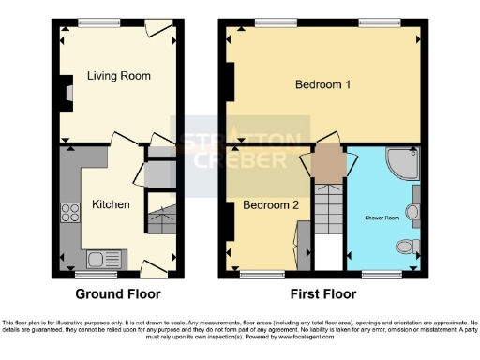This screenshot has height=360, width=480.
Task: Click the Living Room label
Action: click(119, 75)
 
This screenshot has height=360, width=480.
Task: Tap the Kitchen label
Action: click(111, 204)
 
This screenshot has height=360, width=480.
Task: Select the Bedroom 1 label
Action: click(322, 85)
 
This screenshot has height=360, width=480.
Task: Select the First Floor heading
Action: click(322, 293)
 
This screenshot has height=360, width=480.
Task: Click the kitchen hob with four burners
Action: click(69, 214)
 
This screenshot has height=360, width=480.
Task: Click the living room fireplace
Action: click(67, 93)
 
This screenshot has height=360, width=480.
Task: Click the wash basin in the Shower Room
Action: click(412, 212)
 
